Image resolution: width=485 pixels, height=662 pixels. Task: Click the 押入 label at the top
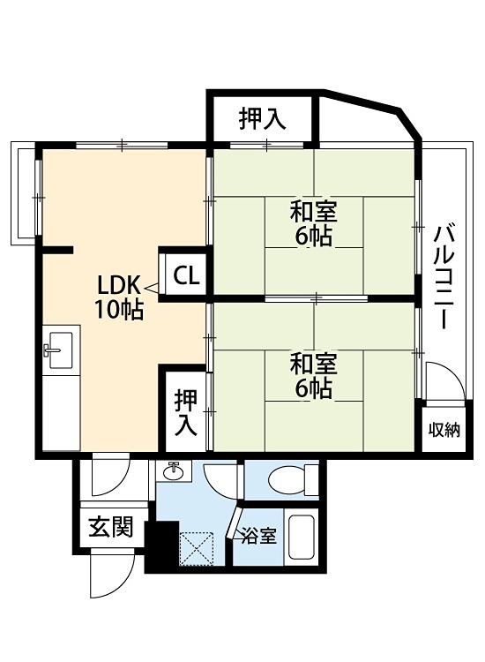pyautogui.click(x=263, y=119)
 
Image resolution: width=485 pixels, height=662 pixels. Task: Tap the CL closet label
pyautogui.click(x=185, y=275)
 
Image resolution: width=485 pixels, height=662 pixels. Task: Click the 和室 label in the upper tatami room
pyautogui.click(x=314, y=212)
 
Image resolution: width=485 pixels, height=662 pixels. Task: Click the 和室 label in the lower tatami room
pyautogui.click(x=314, y=363)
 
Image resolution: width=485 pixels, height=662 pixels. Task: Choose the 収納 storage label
pyautogui.click(x=444, y=430)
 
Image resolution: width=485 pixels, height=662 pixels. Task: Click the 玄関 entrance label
pyautogui.click(x=110, y=528)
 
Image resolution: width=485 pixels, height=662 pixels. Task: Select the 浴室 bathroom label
pyautogui.click(x=259, y=535)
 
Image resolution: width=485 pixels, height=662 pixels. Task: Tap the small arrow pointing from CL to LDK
pyautogui.click(x=152, y=286)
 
